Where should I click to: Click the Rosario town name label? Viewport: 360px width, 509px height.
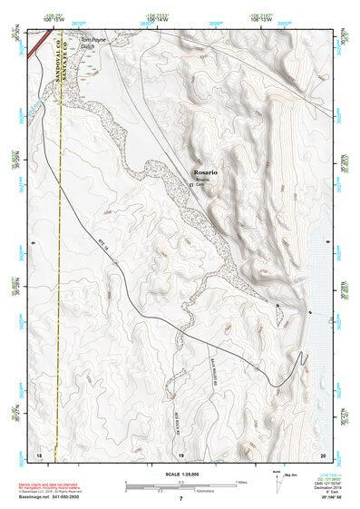click(207, 170)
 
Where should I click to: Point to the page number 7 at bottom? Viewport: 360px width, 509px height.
click(180, 500)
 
